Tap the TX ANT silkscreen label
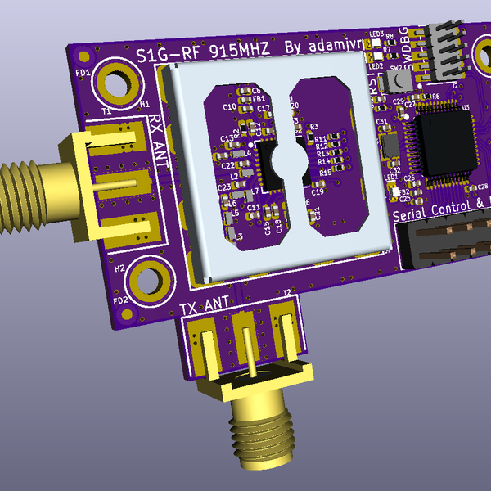pyautogui.click(x=205, y=305)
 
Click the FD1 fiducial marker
pyautogui.click(x=83, y=56)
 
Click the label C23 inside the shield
pyautogui.click(x=223, y=187)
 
